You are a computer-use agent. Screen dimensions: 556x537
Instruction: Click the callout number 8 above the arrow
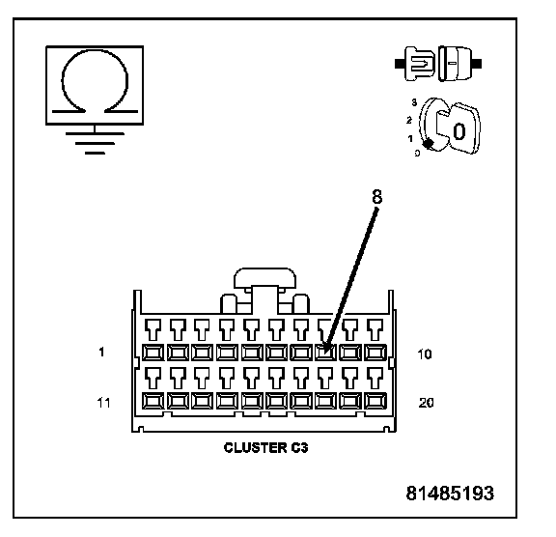click(377, 196)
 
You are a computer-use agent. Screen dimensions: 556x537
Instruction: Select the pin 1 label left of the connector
click(101, 352)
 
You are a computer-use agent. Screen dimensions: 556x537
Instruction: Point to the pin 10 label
click(425, 354)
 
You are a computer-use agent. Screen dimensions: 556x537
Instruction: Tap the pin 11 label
click(103, 403)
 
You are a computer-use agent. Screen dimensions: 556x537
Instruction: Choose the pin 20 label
click(426, 403)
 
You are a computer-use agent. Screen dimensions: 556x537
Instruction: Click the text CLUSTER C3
click(266, 447)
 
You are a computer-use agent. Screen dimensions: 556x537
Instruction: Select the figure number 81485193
click(450, 493)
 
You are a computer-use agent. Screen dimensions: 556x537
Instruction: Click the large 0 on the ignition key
click(459, 131)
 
